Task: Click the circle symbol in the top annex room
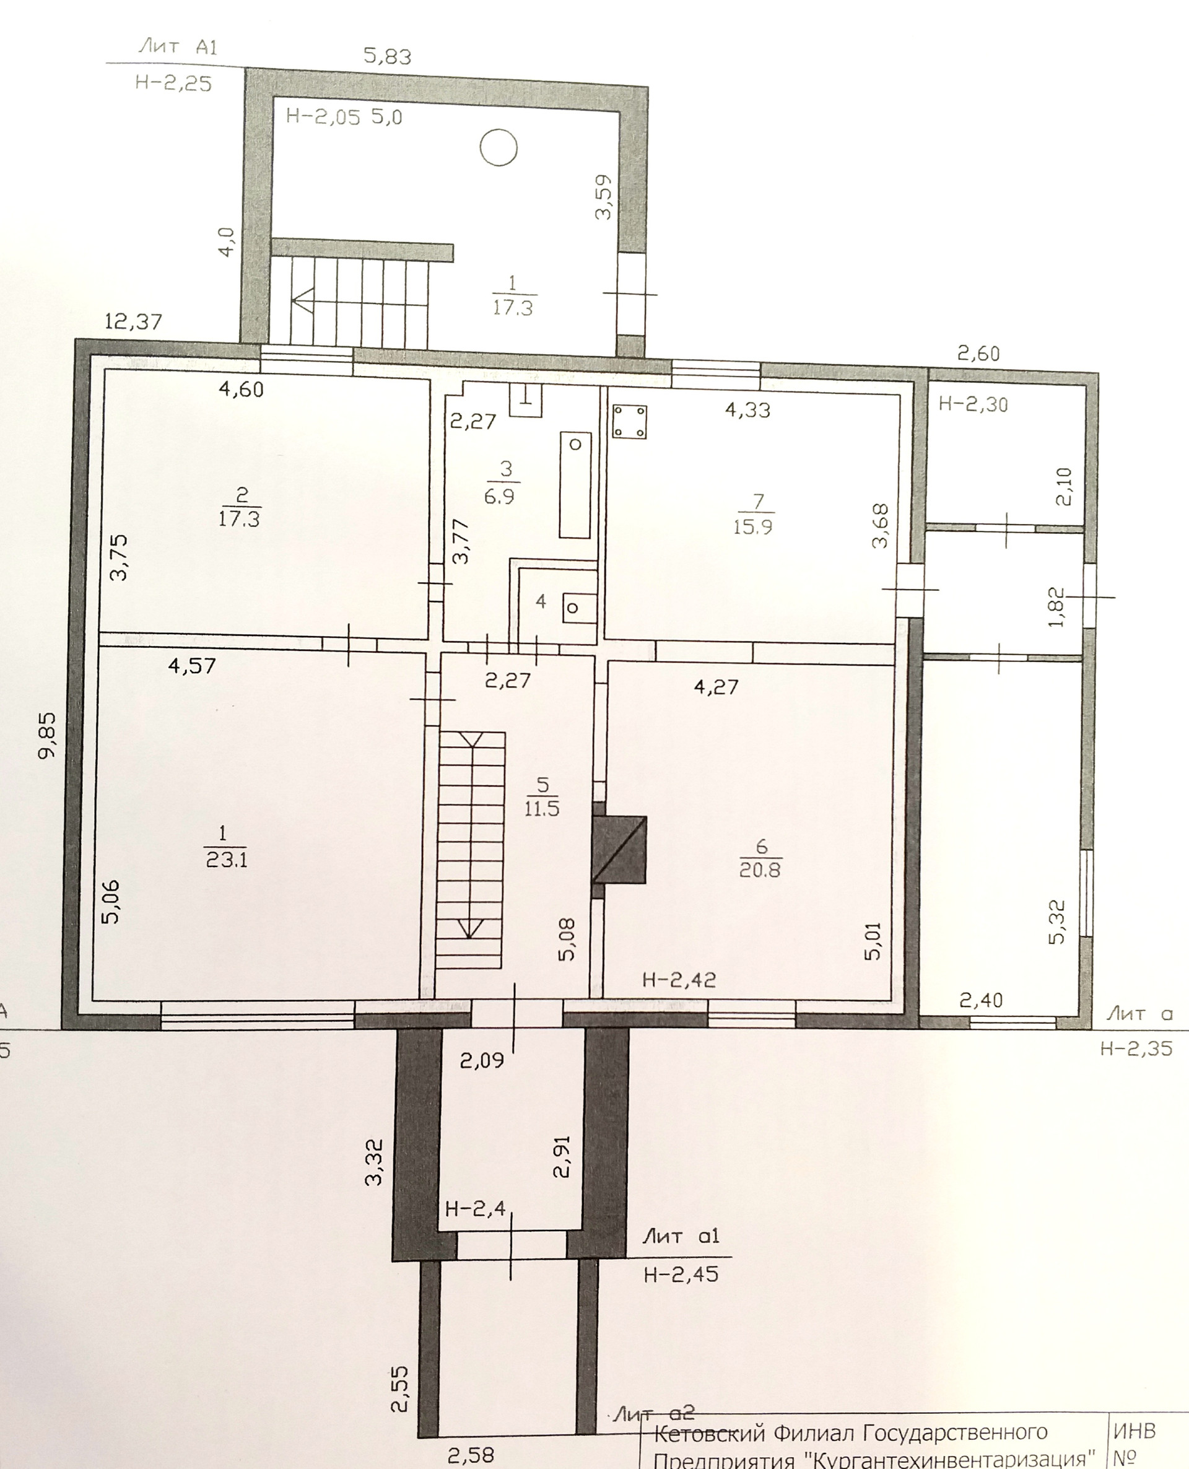pyautogui.click(x=498, y=147)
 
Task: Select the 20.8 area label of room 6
pyautogui.click(x=760, y=871)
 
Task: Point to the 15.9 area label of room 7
pyautogui.click(x=752, y=527)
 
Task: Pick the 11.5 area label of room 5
pyautogui.click(x=542, y=808)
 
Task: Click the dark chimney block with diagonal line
pyautogui.click(x=619, y=849)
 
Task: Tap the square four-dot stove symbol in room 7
pyautogui.click(x=629, y=421)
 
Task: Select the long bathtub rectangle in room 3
pyautogui.click(x=575, y=485)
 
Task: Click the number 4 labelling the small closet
pyautogui.click(x=541, y=602)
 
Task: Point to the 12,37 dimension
pyautogui.click(x=134, y=321)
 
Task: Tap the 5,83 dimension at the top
pyautogui.click(x=388, y=56)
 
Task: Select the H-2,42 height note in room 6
pyautogui.click(x=679, y=979)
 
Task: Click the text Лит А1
pyautogui.click(x=177, y=46)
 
